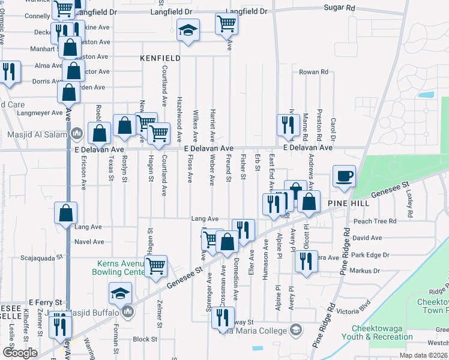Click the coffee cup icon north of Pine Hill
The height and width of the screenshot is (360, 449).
point(344,176)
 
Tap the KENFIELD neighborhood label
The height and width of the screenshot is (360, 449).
point(160,58)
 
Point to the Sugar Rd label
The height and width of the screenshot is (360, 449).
point(339,8)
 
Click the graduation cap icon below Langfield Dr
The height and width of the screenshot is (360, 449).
point(188,30)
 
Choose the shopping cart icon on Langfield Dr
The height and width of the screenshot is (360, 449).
point(226,24)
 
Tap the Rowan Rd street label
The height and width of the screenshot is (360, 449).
point(314,72)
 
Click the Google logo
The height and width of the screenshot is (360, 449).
point(20,353)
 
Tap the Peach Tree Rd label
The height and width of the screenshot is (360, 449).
point(376,221)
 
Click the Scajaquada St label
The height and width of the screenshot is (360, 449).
point(41,257)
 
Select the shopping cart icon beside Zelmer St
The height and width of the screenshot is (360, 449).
point(155,265)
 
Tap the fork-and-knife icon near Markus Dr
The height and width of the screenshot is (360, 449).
point(306,261)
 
